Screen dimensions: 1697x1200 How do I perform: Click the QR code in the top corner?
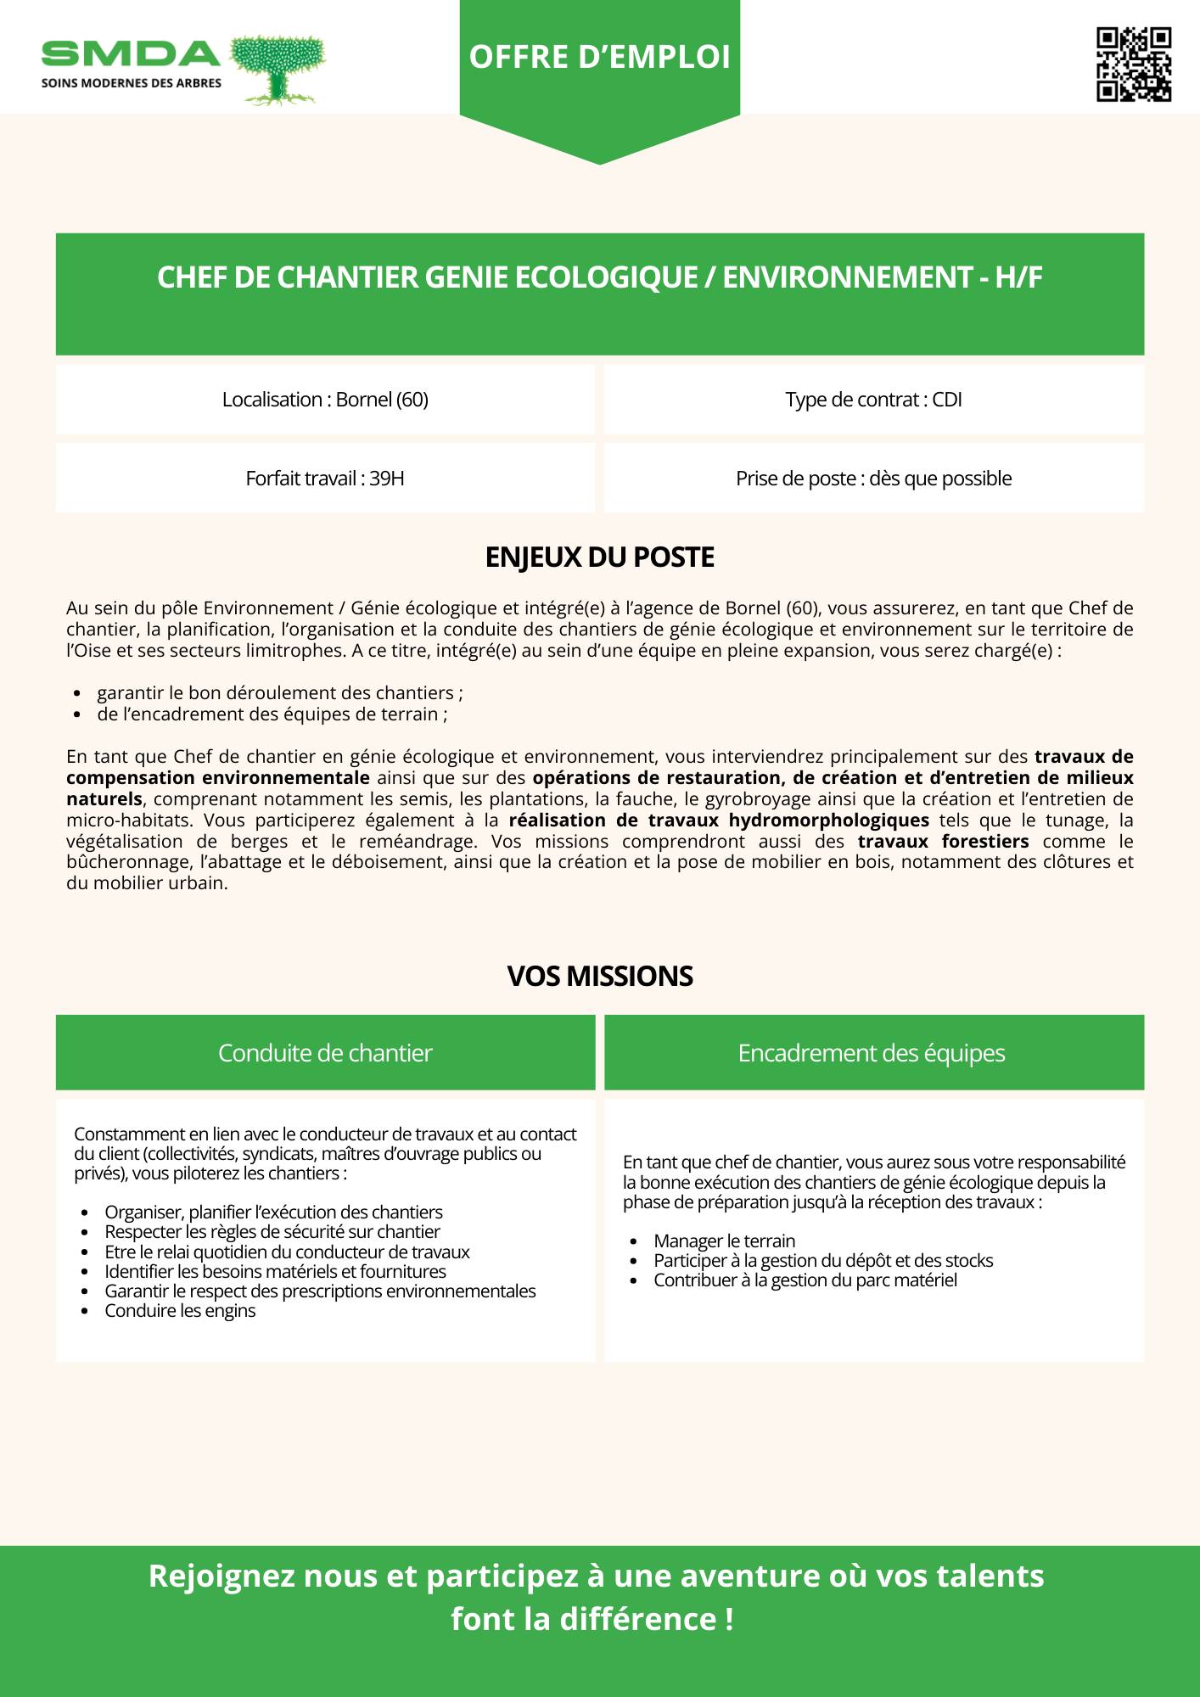click(x=1134, y=64)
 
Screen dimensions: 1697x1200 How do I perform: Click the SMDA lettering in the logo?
click(x=131, y=54)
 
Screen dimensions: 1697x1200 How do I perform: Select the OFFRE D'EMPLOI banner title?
click(x=600, y=57)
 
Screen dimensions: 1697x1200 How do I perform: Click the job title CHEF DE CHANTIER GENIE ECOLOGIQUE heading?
click(x=600, y=277)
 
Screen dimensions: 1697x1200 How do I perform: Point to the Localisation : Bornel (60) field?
click(x=325, y=400)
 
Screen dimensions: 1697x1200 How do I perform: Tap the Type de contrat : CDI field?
click(x=873, y=400)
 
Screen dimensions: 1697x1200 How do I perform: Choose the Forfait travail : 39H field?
click(x=325, y=479)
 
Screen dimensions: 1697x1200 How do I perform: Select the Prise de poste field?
click(x=873, y=479)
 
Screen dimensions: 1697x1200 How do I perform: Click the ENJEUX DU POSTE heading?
click(x=600, y=557)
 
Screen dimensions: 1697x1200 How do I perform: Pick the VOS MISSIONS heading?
click(x=600, y=976)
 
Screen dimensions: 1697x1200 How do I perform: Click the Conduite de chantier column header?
click(x=325, y=1053)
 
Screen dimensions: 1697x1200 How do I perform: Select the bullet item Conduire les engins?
click(x=180, y=1311)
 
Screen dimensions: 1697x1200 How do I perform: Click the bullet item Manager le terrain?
click(x=724, y=1241)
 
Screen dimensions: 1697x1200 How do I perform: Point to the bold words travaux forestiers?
click(x=943, y=842)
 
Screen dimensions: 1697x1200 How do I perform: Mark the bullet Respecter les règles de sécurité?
click(x=272, y=1232)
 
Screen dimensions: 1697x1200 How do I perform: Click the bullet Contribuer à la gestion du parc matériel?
click(x=805, y=1280)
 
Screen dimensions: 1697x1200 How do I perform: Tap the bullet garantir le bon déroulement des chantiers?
click(x=279, y=693)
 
